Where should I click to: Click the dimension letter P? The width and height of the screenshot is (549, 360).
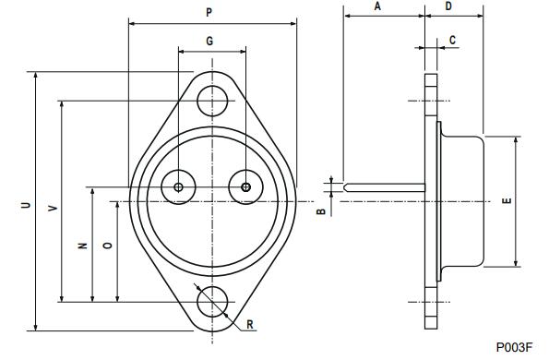(x=209, y=12)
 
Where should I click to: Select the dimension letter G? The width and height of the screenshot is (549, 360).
(x=209, y=42)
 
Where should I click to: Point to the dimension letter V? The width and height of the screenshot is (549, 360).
(x=53, y=209)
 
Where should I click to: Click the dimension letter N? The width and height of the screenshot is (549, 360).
(x=82, y=246)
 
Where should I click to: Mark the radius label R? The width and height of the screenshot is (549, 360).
(x=250, y=325)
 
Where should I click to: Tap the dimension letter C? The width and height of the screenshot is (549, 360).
(x=452, y=40)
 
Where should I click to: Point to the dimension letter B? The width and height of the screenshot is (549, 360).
(x=320, y=211)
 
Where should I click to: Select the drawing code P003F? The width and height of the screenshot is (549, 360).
(x=513, y=347)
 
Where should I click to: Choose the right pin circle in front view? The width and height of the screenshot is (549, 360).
(x=245, y=186)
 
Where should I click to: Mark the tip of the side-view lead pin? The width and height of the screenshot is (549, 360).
(x=344, y=187)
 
